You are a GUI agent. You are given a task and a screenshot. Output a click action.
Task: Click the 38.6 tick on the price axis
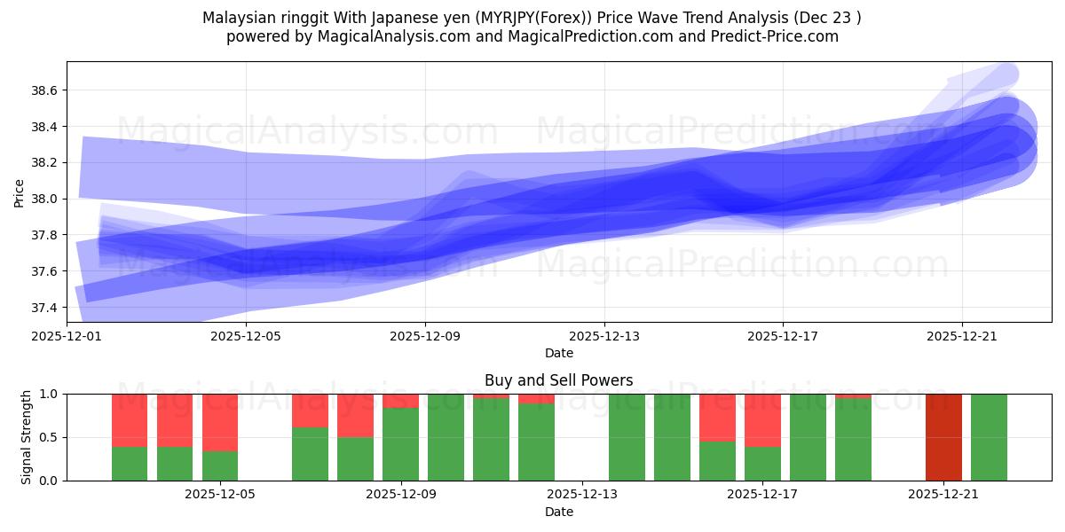(x=44, y=91)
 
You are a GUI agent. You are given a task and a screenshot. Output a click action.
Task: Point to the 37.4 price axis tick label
(x=44, y=308)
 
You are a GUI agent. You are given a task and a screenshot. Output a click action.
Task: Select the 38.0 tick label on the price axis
(x=44, y=199)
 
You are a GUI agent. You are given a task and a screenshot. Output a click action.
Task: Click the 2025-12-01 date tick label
(x=67, y=336)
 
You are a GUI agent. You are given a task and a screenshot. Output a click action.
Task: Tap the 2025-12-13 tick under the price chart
(x=604, y=336)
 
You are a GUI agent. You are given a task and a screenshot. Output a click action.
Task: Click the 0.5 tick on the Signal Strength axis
(x=50, y=437)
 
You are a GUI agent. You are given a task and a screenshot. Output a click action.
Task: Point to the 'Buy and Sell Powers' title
(x=559, y=380)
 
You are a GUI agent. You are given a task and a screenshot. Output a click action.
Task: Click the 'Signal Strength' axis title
(x=27, y=437)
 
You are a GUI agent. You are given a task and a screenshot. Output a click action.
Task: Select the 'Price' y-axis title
(x=20, y=192)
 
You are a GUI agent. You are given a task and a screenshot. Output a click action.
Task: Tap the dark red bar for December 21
(x=943, y=437)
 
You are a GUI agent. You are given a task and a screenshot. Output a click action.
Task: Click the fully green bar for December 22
(x=989, y=437)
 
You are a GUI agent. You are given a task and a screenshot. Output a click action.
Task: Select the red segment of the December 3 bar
(x=130, y=419)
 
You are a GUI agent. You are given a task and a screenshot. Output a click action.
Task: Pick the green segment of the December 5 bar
(x=220, y=466)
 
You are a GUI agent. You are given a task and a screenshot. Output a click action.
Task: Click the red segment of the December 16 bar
(x=717, y=417)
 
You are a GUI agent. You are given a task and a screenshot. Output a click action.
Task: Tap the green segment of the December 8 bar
(x=355, y=459)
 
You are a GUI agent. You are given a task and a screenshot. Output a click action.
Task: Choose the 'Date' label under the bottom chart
(x=559, y=512)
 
